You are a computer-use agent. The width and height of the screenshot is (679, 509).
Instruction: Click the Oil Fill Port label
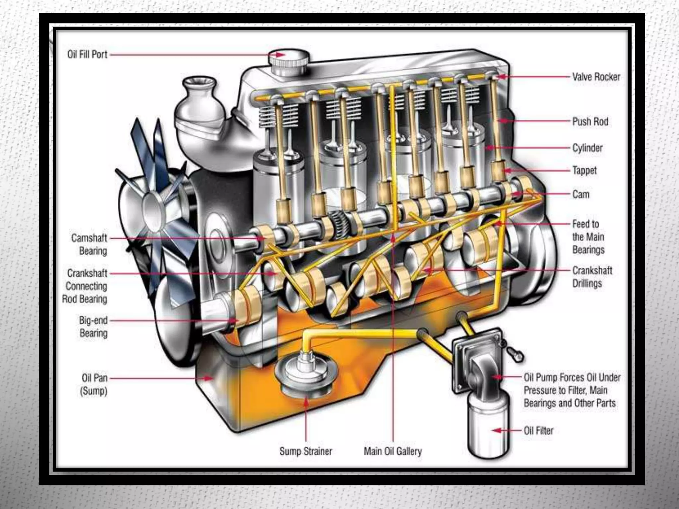coord(87,54)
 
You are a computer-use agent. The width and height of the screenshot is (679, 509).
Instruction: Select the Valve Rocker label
coord(596,77)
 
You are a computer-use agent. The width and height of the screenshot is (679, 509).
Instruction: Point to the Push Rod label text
coord(590,122)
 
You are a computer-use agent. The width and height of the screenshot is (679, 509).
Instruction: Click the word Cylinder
coord(587,148)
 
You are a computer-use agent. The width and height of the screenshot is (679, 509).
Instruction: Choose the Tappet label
coord(584,170)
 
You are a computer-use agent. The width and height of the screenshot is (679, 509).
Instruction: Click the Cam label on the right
coord(581,194)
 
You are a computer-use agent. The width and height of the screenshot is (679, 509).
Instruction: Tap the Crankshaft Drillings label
coord(592,277)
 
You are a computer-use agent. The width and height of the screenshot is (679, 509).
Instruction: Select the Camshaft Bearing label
coord(89,244)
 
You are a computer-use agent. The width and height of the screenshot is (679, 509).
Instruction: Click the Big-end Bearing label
coord(93,326)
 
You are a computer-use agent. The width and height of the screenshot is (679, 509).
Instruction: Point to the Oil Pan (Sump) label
coord(94,384)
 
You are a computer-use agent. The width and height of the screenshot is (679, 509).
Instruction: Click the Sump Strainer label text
coord(305,451)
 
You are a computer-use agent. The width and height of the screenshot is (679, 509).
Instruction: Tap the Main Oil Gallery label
coord(393,451)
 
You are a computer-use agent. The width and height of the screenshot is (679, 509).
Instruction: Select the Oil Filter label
coord(538,430)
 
